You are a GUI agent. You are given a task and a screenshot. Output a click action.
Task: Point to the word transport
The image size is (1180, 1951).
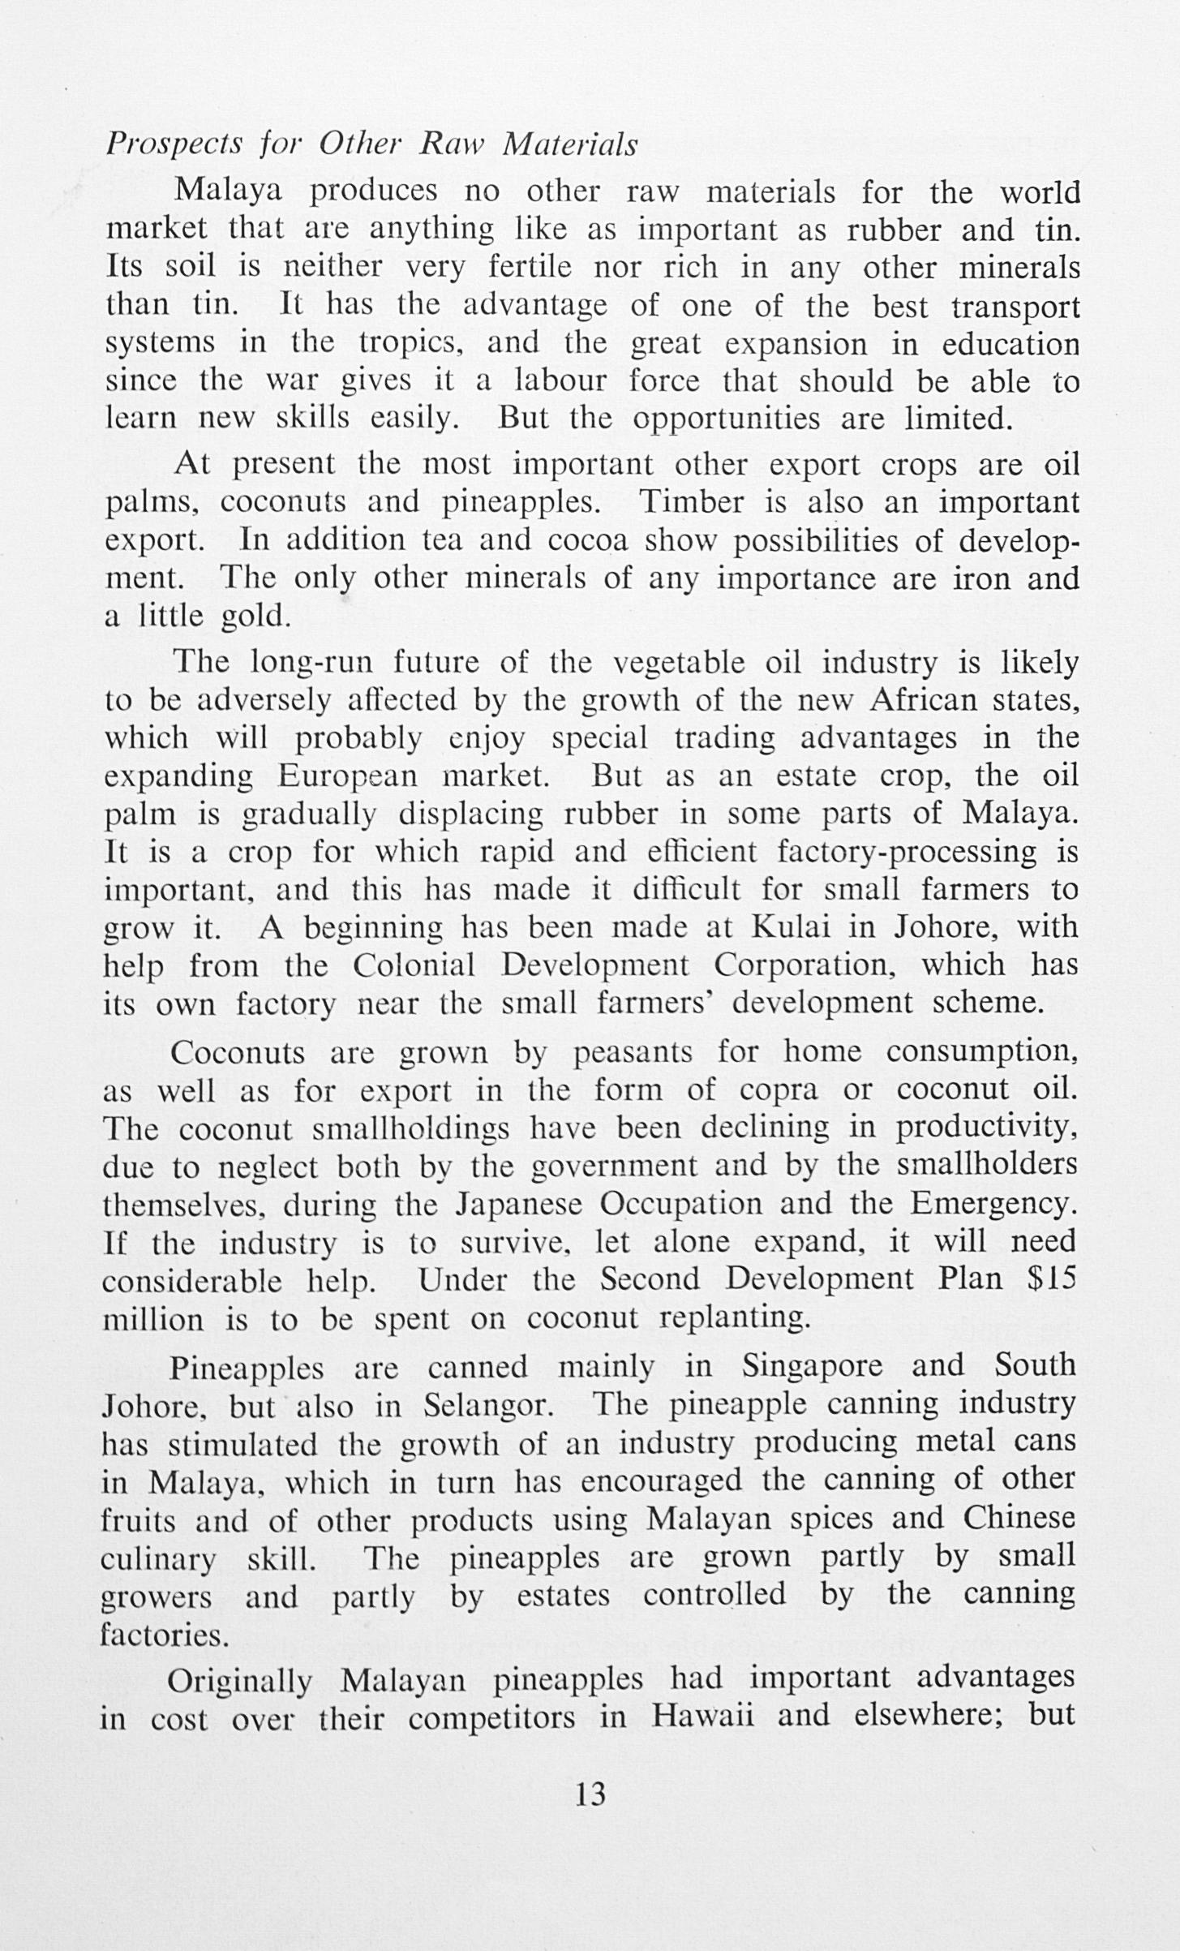point(1015,307)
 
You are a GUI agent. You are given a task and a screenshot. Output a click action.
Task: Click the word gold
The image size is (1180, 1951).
point(255,617)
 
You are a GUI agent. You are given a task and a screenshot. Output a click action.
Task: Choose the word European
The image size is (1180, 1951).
point(348,776)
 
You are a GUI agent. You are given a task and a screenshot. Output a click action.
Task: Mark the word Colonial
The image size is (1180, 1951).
point(414,965)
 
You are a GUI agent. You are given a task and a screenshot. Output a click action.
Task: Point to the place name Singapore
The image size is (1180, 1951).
point(812,1366)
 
